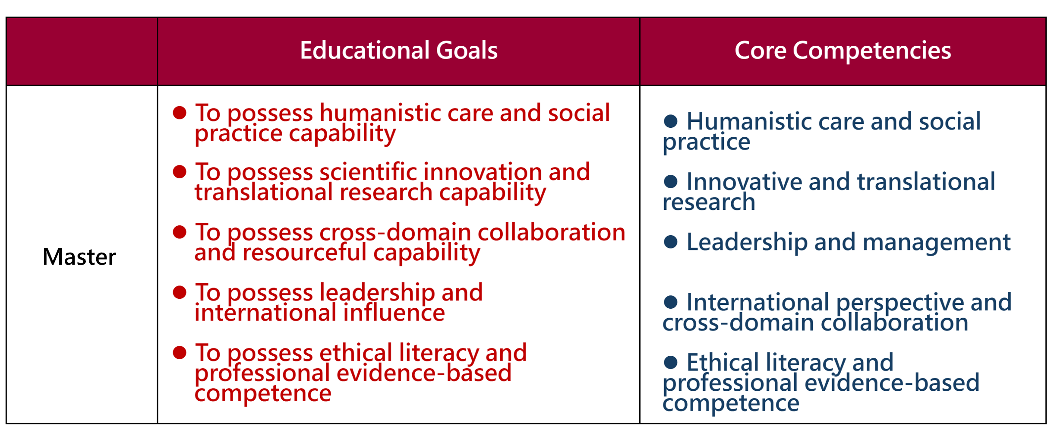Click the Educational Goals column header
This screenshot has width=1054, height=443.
click(398, 50)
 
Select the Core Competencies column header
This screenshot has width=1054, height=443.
click(843, 51)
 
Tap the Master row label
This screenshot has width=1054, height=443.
click(79, 257)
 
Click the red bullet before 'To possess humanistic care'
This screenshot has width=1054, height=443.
click(180, 113)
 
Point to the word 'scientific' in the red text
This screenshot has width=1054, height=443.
click(368, 172)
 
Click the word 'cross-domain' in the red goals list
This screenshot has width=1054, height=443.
click(395, 232)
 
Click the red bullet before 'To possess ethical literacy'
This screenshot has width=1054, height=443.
click(180, 353)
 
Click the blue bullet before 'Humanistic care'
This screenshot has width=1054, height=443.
click(670, 121)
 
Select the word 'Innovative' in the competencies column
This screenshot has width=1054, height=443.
click(744, 181)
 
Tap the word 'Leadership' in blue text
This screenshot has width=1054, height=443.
click(747, 242)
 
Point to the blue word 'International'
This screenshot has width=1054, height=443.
click(758, 302)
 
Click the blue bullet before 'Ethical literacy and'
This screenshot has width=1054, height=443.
click(670, 362)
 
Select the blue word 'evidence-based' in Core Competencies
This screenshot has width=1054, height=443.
click(892, 383)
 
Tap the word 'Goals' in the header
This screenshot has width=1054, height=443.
click(467, 50)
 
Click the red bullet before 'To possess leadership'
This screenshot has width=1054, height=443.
click(180, 292)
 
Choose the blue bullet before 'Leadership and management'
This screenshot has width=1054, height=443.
click(670, 242)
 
